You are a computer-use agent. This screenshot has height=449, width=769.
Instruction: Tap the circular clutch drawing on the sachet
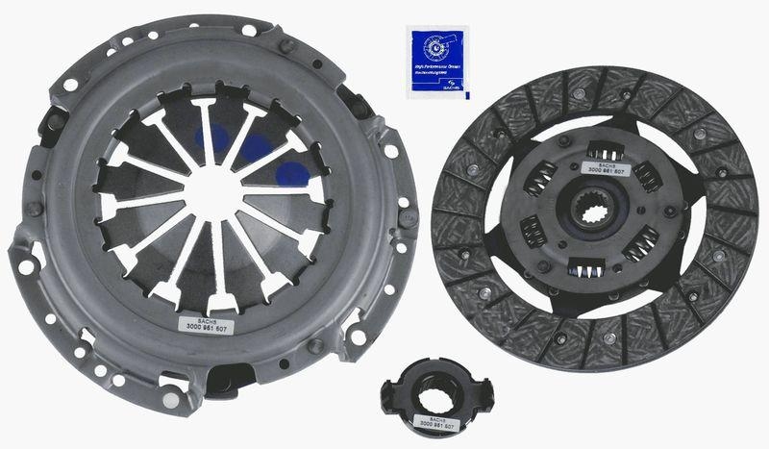(436, 45)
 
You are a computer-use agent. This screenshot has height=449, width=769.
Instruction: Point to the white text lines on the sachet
(437, 67)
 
